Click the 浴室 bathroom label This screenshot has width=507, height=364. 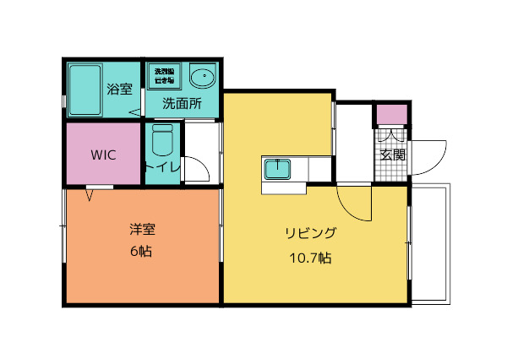pos(118,88)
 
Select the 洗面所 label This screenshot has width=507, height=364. pos(182,104)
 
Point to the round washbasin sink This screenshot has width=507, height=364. pos(203,78)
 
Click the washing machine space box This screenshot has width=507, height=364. pos(164,76)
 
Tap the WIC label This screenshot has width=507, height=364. pos(103,155)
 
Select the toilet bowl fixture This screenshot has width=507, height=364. pos(161,140)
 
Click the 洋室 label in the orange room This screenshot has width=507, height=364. pos(141,229)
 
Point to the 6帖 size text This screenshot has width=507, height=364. pos(141,251)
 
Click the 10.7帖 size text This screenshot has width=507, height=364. pos(310,258)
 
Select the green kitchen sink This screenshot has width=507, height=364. pos(278,170)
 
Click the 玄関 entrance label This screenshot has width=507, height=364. pos(392,155)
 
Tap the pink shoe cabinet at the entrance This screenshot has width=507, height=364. pos(391,114)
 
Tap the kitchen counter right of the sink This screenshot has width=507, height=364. pos(319,169)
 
